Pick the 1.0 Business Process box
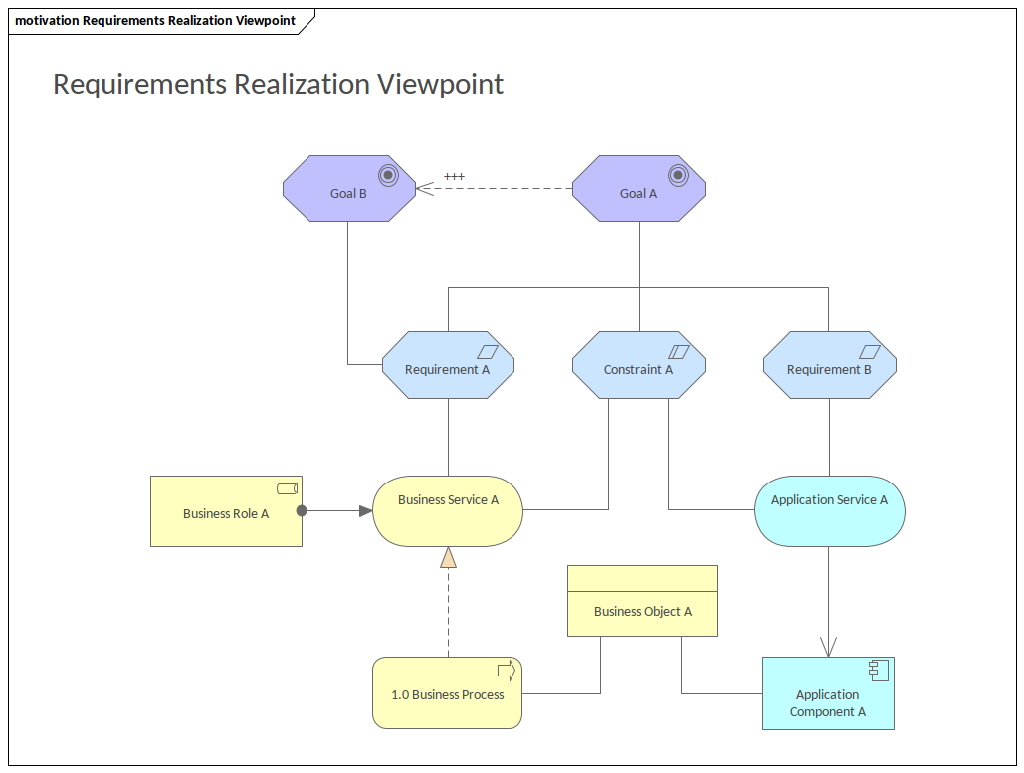447,693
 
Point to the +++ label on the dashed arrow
454,177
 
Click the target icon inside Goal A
678,175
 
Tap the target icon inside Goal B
388,175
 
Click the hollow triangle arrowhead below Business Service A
448,557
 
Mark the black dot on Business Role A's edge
302,511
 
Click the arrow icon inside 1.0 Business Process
506,670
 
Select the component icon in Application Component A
878,670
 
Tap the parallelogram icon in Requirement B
870,351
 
